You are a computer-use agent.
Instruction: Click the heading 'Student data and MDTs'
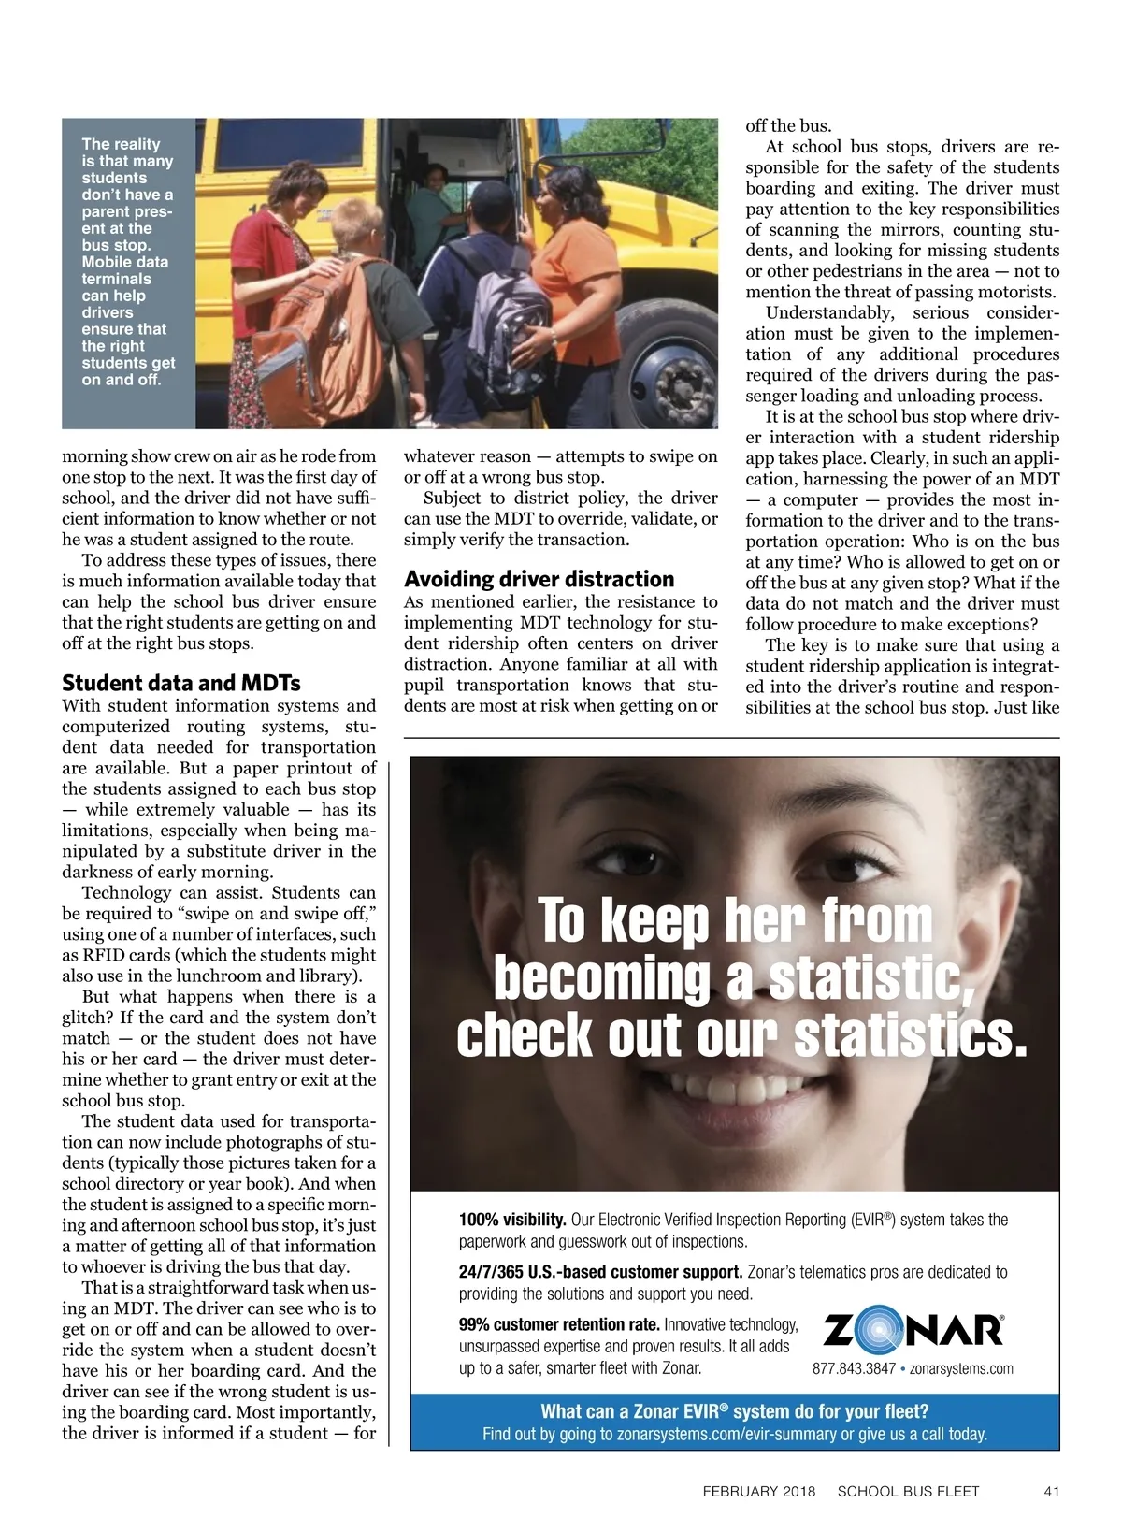[180, 683]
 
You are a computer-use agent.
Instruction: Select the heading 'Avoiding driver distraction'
[539, 579]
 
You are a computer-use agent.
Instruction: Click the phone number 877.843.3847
[854, 1368]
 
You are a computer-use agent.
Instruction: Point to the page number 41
[1050, 1491]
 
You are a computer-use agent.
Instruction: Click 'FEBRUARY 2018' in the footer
[758, 1491]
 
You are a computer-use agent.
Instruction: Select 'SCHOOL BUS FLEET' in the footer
[908, 1491]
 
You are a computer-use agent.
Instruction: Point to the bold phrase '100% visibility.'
[512, 1220]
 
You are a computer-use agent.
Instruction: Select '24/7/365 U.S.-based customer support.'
[600, 1272]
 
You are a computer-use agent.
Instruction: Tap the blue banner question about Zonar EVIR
[734, 1411]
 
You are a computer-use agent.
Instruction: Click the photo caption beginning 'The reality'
[127, 262]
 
